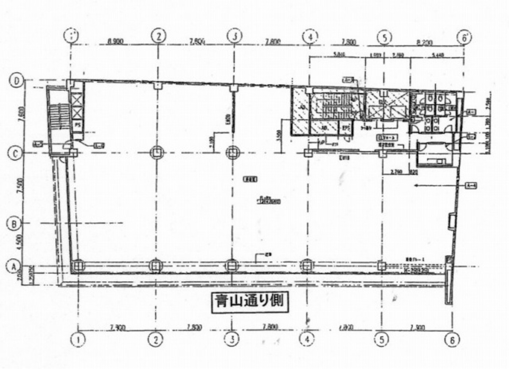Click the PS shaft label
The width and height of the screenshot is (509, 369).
coord(78,126)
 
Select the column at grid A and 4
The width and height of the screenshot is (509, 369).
coord(307,266)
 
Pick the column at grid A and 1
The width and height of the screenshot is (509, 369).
coord(78,266)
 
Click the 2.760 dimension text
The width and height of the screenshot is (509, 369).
coord(396,173)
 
